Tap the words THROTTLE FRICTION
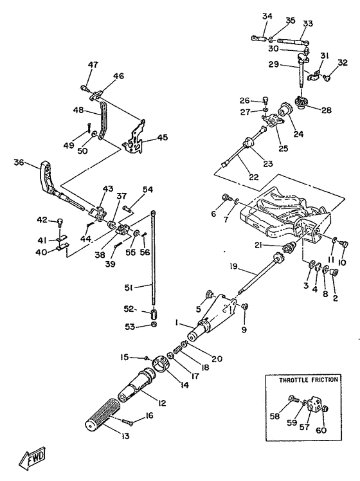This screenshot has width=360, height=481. (x=308, y=380)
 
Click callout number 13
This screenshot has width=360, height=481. (x=125, y=436)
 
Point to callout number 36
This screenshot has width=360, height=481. (x=19, y=162)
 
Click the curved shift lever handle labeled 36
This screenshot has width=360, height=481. (x=46, y=177)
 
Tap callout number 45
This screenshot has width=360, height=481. (x=162, y=137)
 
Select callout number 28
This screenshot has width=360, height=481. (x=327, y=110)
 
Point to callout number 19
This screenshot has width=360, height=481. (x=233, y=266)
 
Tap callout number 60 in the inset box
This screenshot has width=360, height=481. (x=321, y=430)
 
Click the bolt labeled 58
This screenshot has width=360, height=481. (x=293, y=399)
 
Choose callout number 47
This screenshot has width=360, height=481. (x=93, y=65)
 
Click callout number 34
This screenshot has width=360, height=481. (x=267, y=16)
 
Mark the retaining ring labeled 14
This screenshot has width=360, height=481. (x=161, y=363)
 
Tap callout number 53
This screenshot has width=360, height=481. (x=130, y=327)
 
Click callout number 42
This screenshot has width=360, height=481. (x=42, y=220)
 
